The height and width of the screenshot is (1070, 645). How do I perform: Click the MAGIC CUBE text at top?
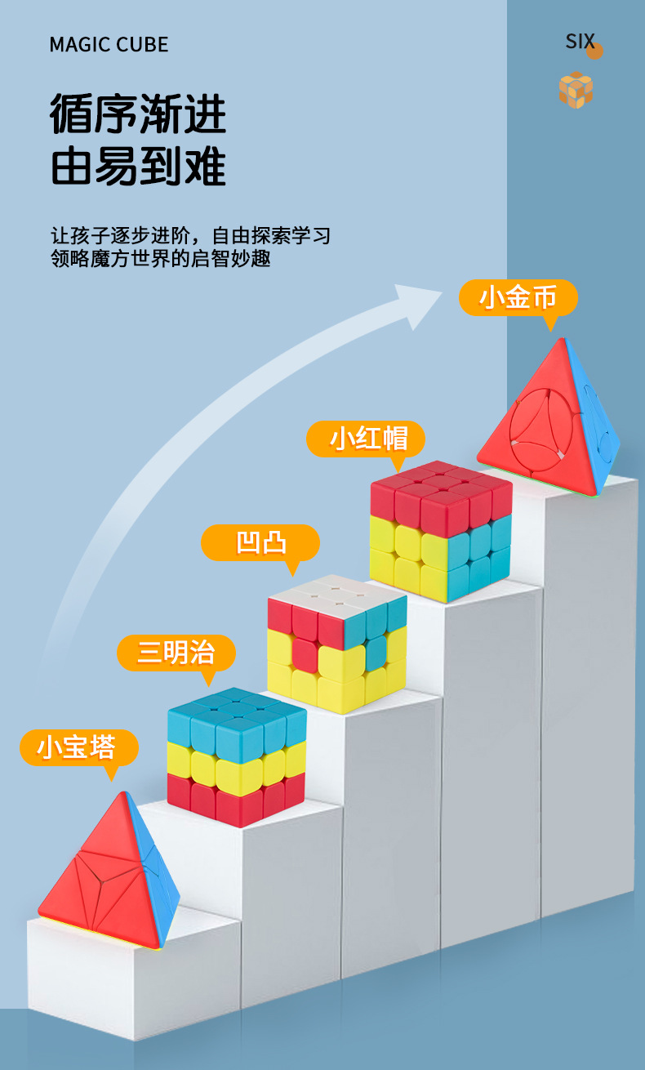point(109,44)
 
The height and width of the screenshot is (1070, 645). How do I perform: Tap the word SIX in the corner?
point(580,42)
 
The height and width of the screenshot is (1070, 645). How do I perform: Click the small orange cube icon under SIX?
point(576,90)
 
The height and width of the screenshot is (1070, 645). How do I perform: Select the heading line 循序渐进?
point(138,114)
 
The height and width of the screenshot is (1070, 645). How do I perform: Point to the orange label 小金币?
point(518,298)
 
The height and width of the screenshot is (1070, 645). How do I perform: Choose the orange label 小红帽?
point(366,439)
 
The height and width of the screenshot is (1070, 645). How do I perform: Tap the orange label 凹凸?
point(260,542)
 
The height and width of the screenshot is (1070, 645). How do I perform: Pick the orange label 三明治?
point(176,653)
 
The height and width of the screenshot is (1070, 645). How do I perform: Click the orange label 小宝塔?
point(78,747)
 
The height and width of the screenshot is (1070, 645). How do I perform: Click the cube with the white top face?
point(336,641)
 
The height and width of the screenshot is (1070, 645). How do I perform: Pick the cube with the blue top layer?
point(236,756)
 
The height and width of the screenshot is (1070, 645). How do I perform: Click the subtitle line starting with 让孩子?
point(190,236)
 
